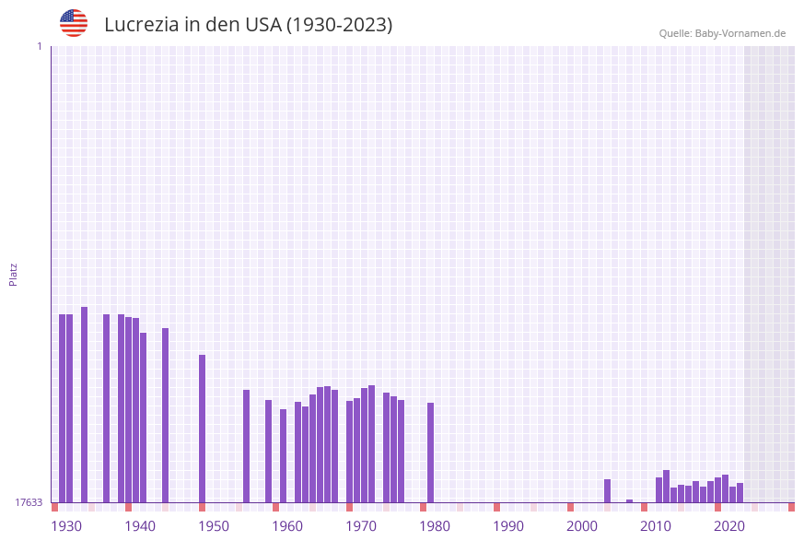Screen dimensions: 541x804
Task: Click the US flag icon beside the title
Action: pyautogui.click(x=74, y=23)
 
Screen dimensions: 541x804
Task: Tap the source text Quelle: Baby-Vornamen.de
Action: pyautogui.click(x=722, y=33)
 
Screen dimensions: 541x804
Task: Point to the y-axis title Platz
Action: pyautogui.click(x=14, y=274)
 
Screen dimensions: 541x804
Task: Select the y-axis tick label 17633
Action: pyautogui.click(x=29, y=502)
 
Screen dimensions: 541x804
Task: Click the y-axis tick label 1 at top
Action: pyautogui.click(x=39, y=46)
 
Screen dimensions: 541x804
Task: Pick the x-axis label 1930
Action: pyautogui.click(x=65, y=526)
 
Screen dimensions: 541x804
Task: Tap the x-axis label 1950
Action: pyautogui.click(x=214, y=526)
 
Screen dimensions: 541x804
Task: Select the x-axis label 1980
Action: pyautogui.click(x=435, y=526)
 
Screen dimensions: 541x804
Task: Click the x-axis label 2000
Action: pyautogui.click(x=582, y=526)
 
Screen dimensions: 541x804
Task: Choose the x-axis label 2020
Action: pyautogui.click(x=729, y=526)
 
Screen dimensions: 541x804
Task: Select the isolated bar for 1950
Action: pyautogui.click(x=202, y=428)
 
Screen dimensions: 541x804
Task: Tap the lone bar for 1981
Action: pyautogui.click(x=430, y=452)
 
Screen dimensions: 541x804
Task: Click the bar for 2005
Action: pyautogui.click(x=607, y=490)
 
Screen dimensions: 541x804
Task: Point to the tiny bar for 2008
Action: pyautogui.click(x=629, y=500)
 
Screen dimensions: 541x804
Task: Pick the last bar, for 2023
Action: pyautogui.click(x=740, y=492)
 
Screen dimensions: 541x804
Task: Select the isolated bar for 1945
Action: pyautogui.click(x=165, y=415)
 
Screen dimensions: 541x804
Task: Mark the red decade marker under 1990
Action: pyautogui.click(x=496, y=507)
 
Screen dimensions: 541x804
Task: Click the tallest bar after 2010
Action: pyautogui.click(x=666, y=486)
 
